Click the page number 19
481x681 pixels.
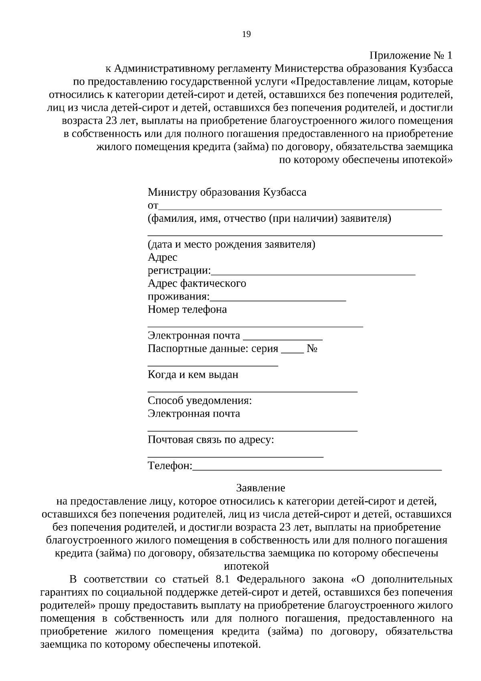pos(247,34)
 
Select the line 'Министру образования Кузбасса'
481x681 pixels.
pos(227,192)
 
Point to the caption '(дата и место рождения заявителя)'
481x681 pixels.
pos(231,244)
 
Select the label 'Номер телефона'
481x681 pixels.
pos(187,309)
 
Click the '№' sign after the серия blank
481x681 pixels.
pos(312,349)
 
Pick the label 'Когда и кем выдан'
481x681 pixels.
pos(193,375)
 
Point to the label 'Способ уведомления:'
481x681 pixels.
pos(200,401)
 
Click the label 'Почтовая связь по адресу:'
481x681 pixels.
pos(211,440)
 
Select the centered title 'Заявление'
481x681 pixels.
pos(261,488)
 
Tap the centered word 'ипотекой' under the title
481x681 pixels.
pos(246,566)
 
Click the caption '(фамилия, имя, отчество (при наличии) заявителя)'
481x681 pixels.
pos(269,219)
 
